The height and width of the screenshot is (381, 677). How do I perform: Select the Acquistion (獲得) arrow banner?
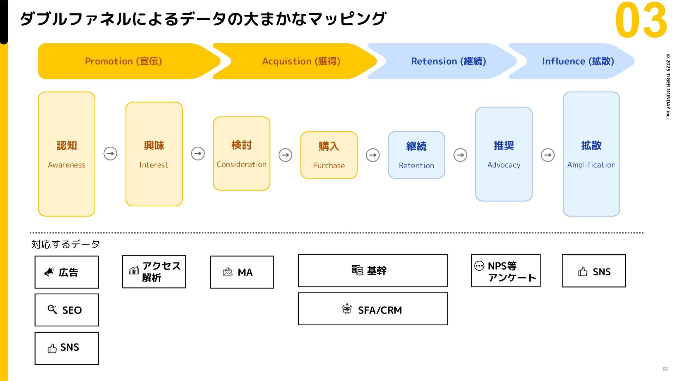point(296,61)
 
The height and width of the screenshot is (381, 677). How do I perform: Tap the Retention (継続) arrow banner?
point(444,61)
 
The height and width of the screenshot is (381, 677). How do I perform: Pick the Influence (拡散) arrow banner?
point(573,61)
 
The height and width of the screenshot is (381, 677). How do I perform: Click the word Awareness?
point(67,165)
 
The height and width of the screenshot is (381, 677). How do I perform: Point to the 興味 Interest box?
point(154,154)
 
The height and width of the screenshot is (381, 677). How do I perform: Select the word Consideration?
point(242,164)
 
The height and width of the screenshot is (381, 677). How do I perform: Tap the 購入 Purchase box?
point(329,155)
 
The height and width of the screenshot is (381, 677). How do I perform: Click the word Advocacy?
point(504,165)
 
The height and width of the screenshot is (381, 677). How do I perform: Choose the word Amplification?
point(591,165)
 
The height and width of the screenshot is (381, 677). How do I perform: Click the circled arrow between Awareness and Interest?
point(110,153)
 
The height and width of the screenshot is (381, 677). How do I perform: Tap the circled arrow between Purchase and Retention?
point(373,155)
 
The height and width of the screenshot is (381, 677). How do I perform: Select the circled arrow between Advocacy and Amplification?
point(548,155)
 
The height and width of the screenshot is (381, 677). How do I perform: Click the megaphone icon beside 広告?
point(49,272)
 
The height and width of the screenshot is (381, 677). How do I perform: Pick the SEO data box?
point(67,310)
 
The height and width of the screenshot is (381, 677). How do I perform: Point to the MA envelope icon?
point(228,272)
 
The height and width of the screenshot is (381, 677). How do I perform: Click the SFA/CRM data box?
point(373,309)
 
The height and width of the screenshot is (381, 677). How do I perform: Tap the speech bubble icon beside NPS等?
point(479,266)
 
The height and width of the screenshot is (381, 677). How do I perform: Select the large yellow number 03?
point(641,20)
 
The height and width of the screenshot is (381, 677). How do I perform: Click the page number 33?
point(665,369)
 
